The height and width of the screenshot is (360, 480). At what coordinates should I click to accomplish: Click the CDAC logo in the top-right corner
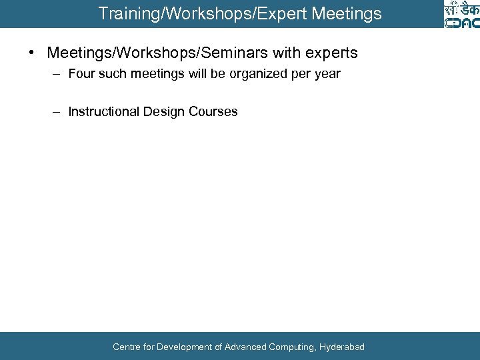[461, 14]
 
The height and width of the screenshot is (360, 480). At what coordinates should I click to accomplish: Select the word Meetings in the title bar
[350, 13]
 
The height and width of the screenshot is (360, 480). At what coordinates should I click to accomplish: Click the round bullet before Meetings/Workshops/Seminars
[32, 53]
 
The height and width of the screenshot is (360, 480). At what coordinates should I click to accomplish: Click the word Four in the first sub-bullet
[82, 74]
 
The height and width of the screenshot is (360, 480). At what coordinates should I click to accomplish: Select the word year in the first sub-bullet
[327, 74]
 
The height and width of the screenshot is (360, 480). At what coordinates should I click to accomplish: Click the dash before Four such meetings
[59, 74]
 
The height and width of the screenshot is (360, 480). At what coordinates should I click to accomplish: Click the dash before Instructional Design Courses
[59, 111]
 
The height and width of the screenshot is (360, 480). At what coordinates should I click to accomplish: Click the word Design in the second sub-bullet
[164, 111]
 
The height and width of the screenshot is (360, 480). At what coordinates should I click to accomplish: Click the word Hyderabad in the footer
[342, 347]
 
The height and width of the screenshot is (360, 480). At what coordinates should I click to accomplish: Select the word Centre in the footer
[126, 347]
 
